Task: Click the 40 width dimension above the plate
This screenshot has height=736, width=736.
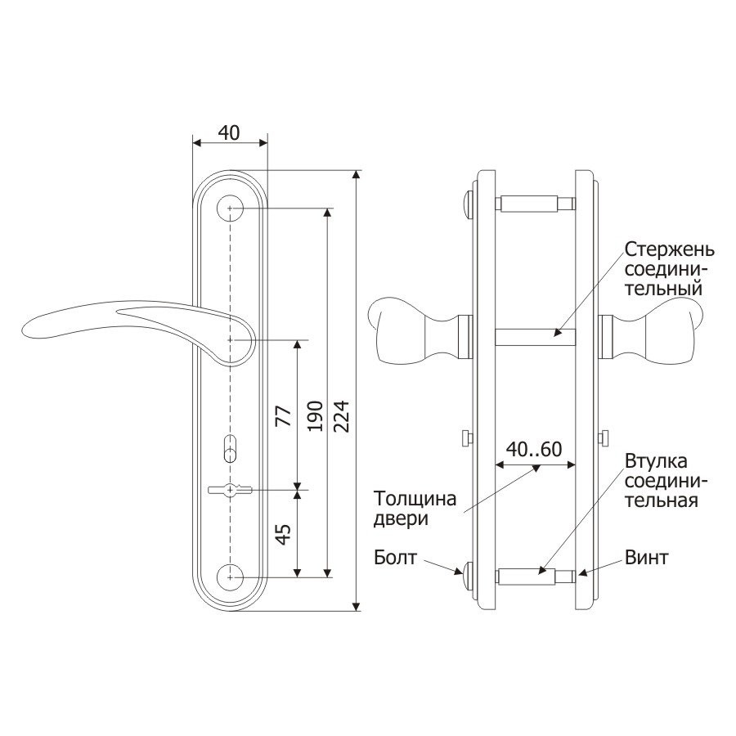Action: [229, 132]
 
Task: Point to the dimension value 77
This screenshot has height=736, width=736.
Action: [284, 416]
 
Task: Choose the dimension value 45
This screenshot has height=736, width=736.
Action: [284, 534]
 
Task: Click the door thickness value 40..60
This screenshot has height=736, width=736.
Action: [534, 449]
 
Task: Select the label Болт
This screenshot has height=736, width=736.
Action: [395, 558]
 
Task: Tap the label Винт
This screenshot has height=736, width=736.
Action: [646, 558]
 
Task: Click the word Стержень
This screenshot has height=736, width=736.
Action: [670, 249]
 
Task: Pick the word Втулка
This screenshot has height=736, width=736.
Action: [656, 461]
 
